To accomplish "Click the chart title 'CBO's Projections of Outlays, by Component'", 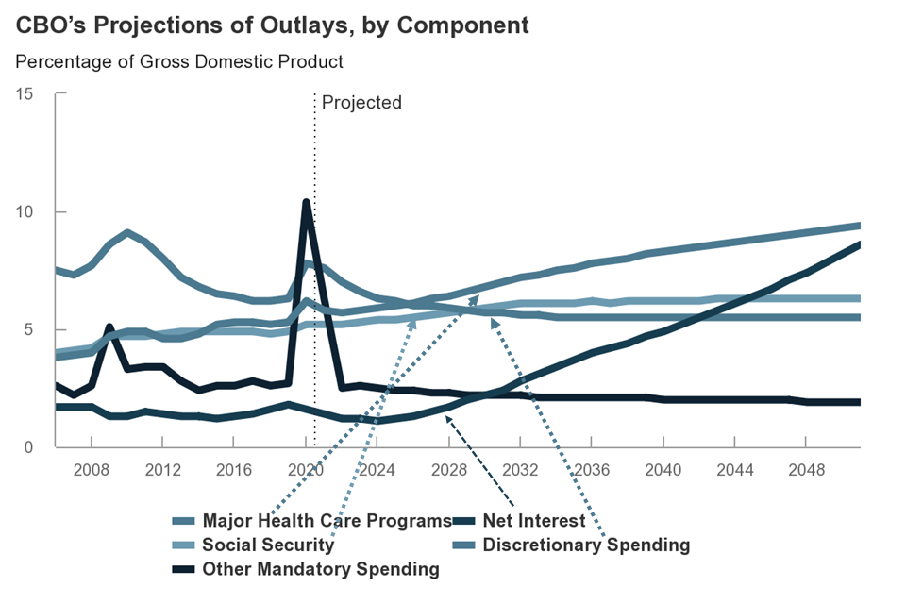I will pos(273,25).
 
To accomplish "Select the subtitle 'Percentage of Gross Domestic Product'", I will pos(179,62).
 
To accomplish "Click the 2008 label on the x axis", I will pos(91,469).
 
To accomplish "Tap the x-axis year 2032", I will pos(521,469).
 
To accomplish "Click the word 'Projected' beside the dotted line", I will pos(361,102).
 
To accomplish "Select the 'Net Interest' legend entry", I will pos(533,520).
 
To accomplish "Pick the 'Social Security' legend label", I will pos(268,545).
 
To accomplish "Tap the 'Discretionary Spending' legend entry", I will pos(586,545).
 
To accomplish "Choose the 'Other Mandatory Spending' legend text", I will pos(321,569).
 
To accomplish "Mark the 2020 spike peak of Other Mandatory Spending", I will pos(306,202).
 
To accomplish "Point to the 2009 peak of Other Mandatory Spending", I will pos(109,327).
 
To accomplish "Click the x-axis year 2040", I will pos(664,469).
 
